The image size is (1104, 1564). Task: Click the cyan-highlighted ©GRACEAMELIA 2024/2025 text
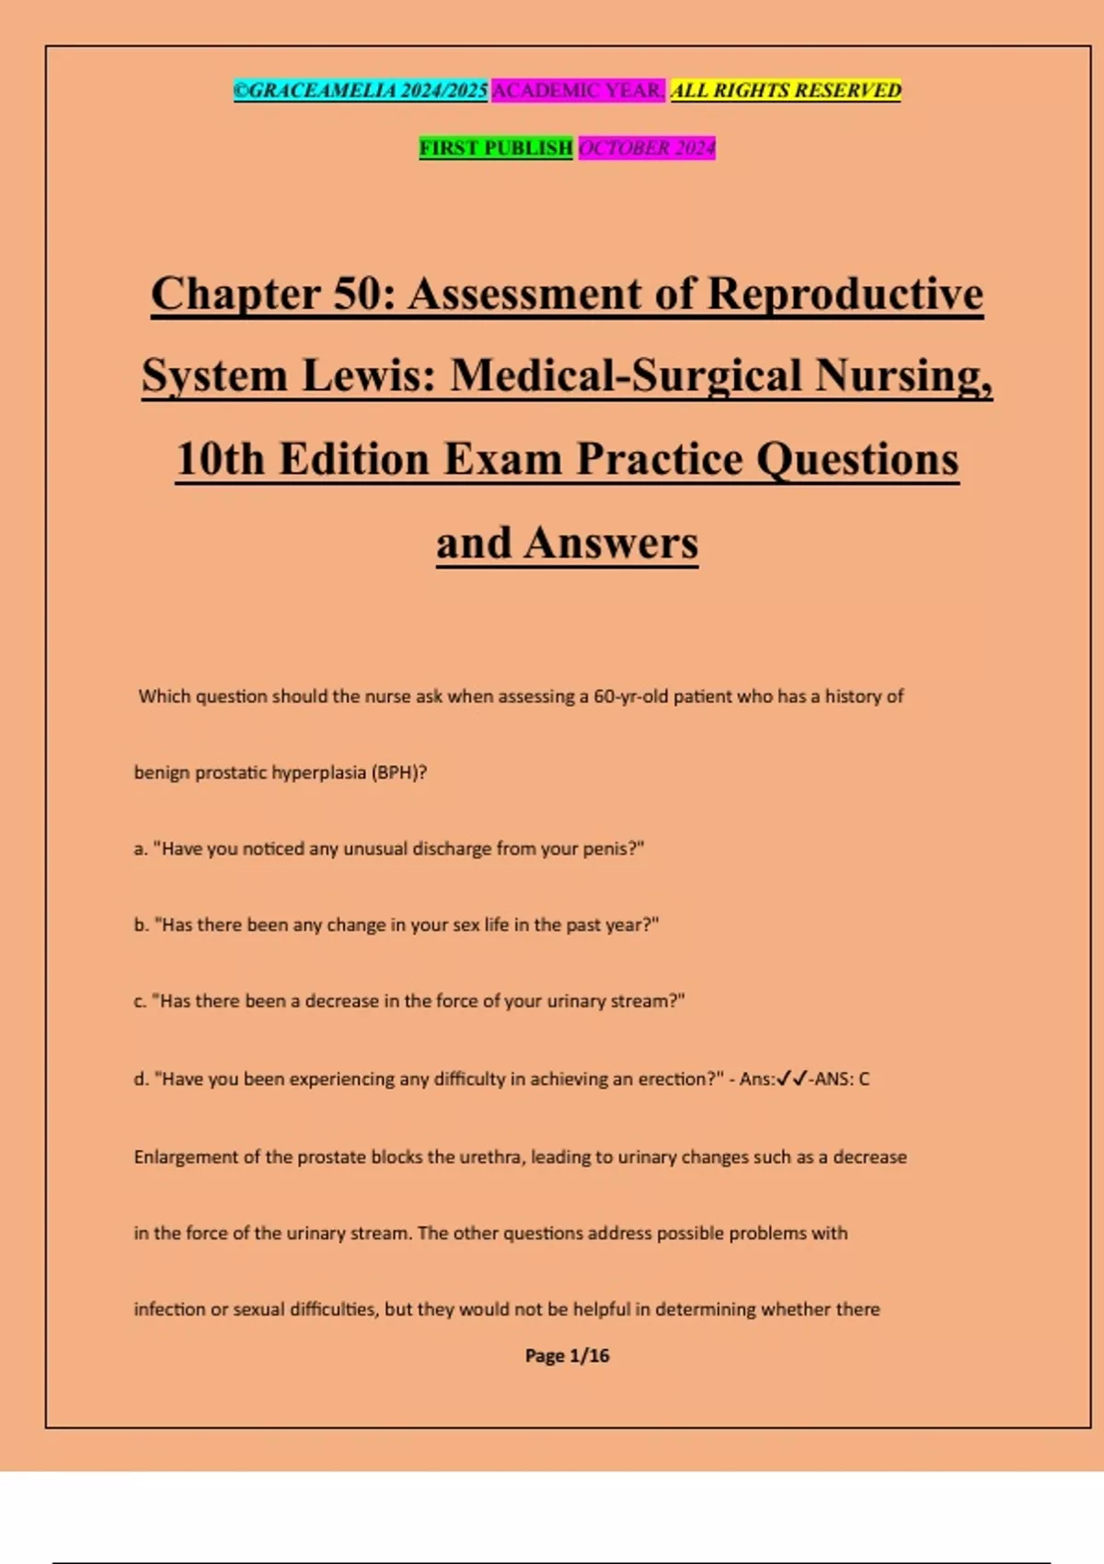tap(360, 90)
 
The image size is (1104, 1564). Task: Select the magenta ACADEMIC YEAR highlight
tap(578, 90)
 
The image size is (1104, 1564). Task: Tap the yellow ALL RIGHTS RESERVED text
tap(786, 90)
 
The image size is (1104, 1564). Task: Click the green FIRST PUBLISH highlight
tap(496, 147)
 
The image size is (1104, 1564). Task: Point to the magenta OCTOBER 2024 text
tap(647, 147)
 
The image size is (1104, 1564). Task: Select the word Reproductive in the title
tap(845, 294)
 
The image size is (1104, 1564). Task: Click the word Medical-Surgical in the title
tap(626, 375)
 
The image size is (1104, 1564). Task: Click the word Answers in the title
tap(611, 543)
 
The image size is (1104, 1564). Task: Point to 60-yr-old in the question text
tap(630, 696)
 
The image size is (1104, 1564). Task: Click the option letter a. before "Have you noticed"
tap(141, 849)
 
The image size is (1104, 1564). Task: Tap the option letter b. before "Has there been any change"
tap(141, 926)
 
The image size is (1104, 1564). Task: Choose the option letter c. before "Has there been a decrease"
tap(140, 1002)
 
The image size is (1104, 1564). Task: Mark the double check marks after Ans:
tap(791, 1079)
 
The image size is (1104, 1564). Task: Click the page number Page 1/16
tap(567, 1356)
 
